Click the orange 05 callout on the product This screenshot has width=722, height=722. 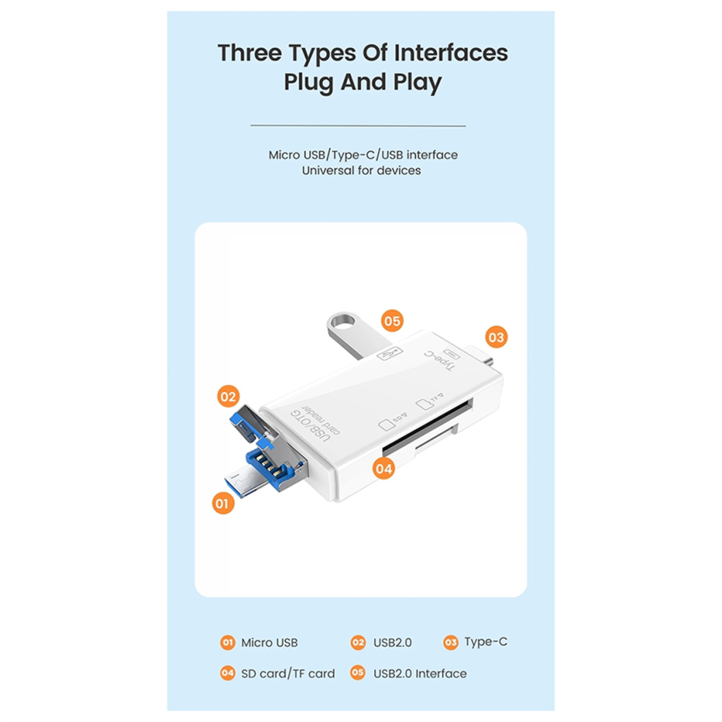click(x=392, y=320)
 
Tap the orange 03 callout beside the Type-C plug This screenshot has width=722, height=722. click(x=497, y=338)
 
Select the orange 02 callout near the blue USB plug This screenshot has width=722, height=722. click(x=228, y=397)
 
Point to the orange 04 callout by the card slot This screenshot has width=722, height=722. click(x=384, y=469)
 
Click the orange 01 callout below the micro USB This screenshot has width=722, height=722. click(x=223, y=502)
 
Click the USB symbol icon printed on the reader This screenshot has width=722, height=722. click(x=389, y=354)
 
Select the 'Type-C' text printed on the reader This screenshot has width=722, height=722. click(x=439, y=360)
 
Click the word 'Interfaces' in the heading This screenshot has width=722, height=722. click(x=451, y=53)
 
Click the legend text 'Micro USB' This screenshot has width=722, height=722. click(x=269, y=643)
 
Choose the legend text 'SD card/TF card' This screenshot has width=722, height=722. click(x=288, y=674)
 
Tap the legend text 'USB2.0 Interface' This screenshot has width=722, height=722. click(x=420, y=674)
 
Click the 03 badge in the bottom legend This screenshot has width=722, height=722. click(x=451, y=643)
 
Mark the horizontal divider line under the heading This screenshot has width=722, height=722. click(x=358, y=125)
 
